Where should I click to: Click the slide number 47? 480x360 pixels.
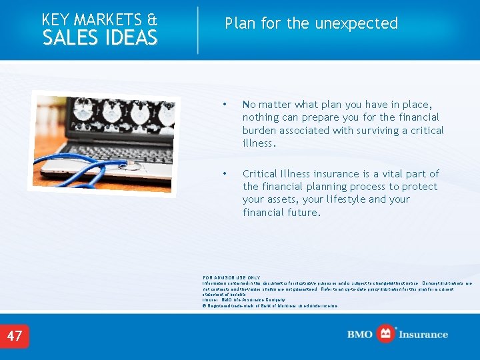coord(15,336)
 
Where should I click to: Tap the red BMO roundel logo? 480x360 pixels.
coord(386,334)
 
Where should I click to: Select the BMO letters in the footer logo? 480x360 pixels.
coord(361,335)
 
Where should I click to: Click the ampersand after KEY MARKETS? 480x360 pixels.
coord(152,20)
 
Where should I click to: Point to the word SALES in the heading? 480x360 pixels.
coord(69,39)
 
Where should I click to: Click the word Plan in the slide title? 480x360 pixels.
coord(241,24)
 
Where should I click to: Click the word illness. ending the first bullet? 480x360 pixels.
coord(259,143)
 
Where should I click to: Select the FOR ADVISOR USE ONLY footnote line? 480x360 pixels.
coord(231,277)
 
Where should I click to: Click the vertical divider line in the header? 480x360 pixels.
coord(198,30)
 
